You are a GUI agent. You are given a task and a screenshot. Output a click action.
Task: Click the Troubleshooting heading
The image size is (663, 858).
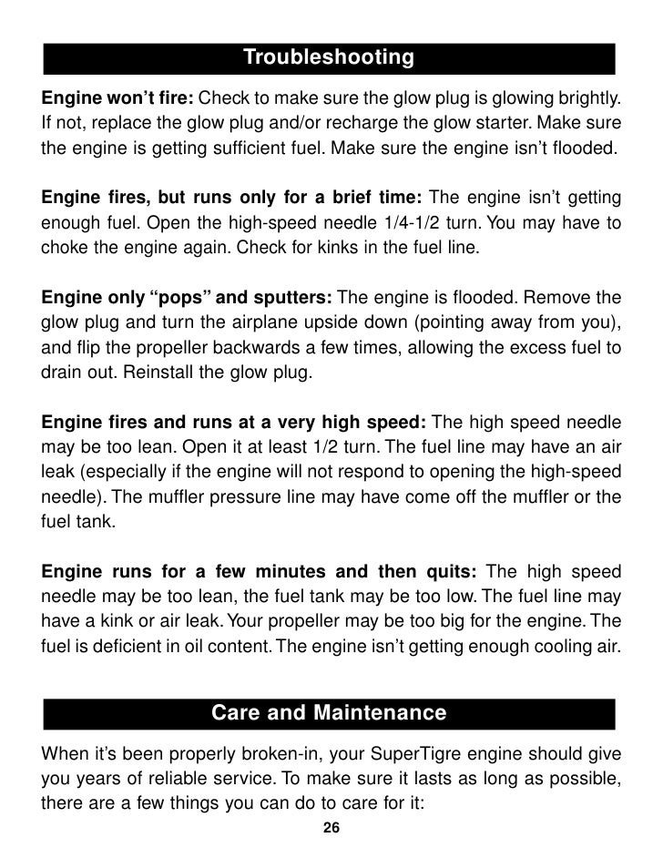point(329,58)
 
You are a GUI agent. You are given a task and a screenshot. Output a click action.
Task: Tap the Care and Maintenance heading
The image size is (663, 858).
point(329,712)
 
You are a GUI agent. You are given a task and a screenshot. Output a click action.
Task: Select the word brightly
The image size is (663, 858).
point(587,97)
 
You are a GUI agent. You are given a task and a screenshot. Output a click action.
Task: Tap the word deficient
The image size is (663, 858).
point(125,649)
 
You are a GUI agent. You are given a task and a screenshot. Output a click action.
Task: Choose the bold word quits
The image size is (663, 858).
point(446,572)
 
